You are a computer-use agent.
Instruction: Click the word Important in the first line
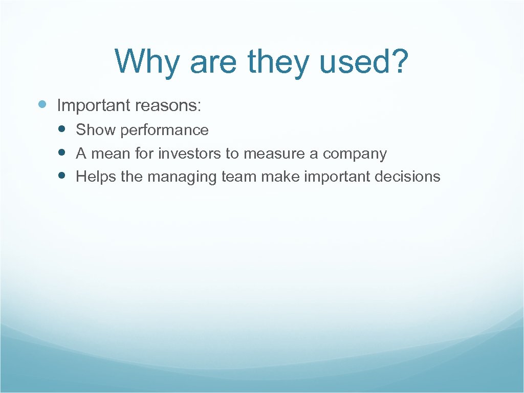coord(94,105)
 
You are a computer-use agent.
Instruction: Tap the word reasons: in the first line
coord(168,105)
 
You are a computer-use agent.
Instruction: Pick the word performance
coord(164,130)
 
